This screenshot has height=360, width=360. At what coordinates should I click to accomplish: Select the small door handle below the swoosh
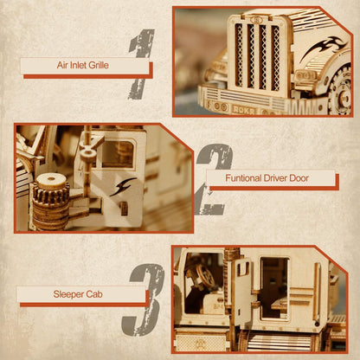[x=122, y=208]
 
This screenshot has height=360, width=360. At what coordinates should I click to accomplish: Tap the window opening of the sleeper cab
[x=275, y=286]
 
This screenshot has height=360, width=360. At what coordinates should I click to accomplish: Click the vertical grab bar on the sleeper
[x=246, y=286]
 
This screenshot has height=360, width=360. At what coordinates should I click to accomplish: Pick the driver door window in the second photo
[x=115, y=152]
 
